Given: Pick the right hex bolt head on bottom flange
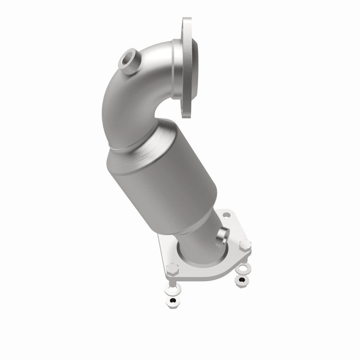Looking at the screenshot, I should pyautogui.click(x=245, y=246).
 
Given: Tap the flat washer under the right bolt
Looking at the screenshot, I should pyautogui.click(x=243, y=270).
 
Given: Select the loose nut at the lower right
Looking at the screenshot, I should pyautogui.click(x=242, y=280).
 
